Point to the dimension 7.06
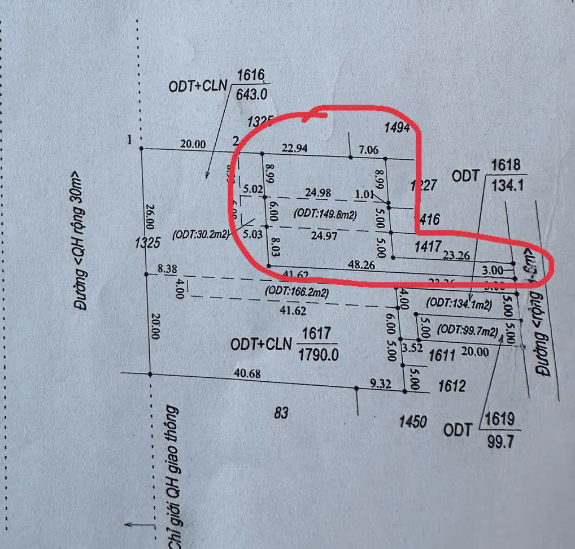point(369,151)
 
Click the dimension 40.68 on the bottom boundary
point(242,373)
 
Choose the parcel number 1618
point(506,165)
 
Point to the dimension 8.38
point(168,270)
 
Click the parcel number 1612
point(452,386)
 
